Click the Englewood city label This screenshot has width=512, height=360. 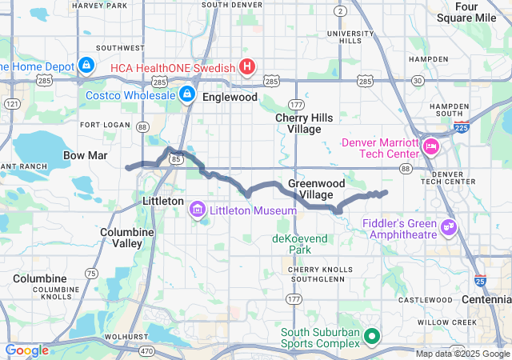point(230,97)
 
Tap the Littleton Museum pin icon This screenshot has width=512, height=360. point(197,210)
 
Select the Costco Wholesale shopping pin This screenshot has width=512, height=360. point(186,95)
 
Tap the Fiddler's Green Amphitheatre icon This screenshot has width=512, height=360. point(448,229)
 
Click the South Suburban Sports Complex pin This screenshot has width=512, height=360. point(370,337)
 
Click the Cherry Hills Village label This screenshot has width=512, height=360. point(298,123)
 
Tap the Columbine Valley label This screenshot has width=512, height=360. point(122,237)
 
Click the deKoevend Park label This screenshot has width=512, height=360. point(301,244)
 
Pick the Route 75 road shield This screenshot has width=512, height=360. point(91,273)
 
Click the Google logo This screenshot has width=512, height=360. point(27,350)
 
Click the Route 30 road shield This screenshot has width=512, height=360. point(418,81)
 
